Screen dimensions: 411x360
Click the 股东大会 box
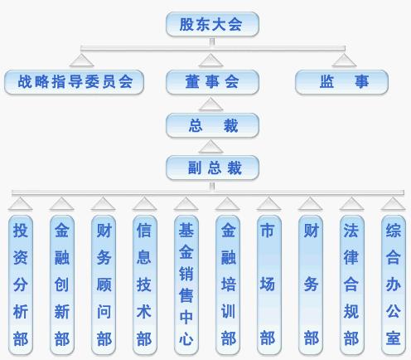pos(212,24)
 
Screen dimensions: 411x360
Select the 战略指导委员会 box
pos(74,82)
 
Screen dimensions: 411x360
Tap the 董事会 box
pos(212,82)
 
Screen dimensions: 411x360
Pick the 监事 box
pos(341,82)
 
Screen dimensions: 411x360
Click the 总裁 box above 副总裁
pos(212,125)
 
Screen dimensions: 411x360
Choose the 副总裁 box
pos(212,168)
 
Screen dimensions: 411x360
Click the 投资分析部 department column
pos(21,285)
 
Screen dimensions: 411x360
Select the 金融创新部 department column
pos(62,285)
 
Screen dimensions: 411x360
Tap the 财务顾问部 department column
pos(104,285)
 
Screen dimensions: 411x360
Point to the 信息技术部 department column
pos(145,285)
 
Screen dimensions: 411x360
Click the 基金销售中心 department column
pos(186,285)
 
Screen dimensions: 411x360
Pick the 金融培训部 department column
pos(228,285)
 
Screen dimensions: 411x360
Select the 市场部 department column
pos(269,285)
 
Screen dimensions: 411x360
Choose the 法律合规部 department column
pos(352,285)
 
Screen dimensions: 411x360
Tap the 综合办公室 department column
pos(394,285)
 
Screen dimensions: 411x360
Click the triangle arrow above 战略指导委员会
pos(81,61)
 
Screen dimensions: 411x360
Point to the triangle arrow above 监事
pos(344,61)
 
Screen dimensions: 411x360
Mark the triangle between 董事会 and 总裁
pos(210,105)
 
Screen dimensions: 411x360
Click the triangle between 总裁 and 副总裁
pos(210,147)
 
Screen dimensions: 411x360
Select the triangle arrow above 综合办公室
pos(393,204)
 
